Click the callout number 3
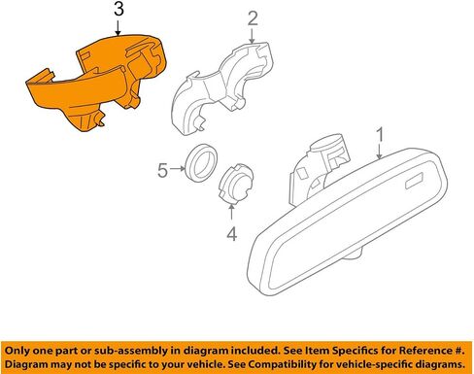tap(118, 10)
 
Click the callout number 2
tap(253, 18)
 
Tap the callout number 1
tap(381, 135)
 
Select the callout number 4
tap(232, 234)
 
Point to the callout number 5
tap(163, 170)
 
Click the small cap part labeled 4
tap(235, 184)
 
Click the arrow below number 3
tap(118, 27)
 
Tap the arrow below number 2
tap(253, 36)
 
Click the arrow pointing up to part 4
tap(231, 213)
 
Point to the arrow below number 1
tap(381, 152)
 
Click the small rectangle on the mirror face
tap(415, 182)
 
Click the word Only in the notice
tap(17, 351)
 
